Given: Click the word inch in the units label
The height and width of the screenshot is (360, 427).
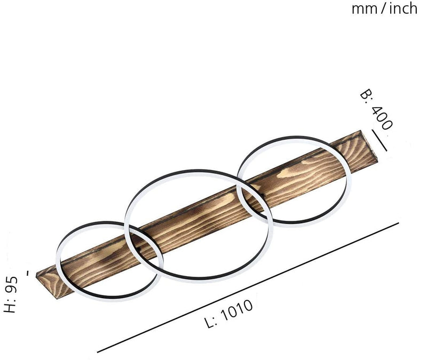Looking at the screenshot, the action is pos(404,8).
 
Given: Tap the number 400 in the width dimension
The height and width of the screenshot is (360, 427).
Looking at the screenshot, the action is pos(382,117).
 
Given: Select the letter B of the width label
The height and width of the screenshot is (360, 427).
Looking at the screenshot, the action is pos(365,94).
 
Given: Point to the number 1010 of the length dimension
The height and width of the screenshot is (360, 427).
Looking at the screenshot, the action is pos(236,310).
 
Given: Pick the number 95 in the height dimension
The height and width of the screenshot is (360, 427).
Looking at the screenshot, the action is pos(11,284).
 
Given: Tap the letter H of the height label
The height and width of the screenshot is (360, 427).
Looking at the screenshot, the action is pos(10,307).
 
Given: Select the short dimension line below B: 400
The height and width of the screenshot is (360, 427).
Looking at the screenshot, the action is pos(379,140).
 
